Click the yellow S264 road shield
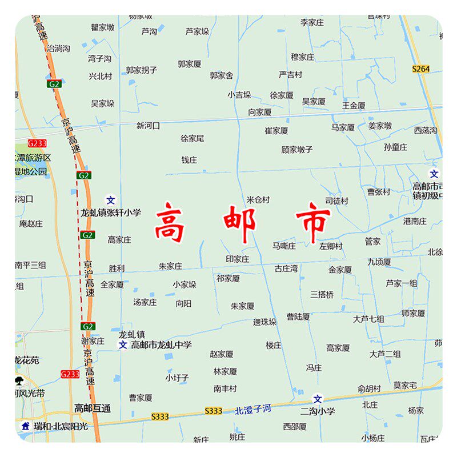tap(420, 69)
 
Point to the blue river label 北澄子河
tap(253, 410)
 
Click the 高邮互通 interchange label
tap(93, 408)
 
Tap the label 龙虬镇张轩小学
tap(110, 213)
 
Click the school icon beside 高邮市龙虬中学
tap(122, 345)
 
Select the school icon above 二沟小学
tap(318, 399)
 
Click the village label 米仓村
tap(258, 200)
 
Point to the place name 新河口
tap(149, 126)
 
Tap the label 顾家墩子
tap(297, 150)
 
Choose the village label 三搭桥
tap(322, 295)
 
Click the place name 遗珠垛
tap(265, 322)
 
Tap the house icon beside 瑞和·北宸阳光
tap(25, 426)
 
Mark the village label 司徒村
tap(336, 201)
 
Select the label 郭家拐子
tap(142, 70)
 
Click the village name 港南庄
tap(415, 221)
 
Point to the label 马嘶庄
tap(284, 246)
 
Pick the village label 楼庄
tap(274, 346)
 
